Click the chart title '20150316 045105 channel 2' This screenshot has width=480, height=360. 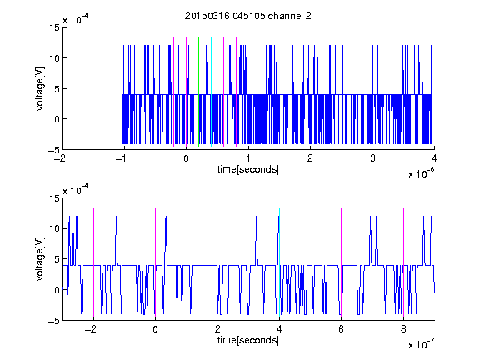click(248, 16)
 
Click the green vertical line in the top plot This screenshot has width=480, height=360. click(198, 92)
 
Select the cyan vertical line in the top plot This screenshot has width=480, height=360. click(211, 92)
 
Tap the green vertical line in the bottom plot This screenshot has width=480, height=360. click(217, 262)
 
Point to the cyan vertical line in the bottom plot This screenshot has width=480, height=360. click(279, 262)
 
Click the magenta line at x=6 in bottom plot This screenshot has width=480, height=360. click(342, 262)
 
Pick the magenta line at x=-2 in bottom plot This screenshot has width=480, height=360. click(93, 262)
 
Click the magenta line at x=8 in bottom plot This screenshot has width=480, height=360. click(404, 262)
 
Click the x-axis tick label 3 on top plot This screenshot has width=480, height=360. click(372, 158)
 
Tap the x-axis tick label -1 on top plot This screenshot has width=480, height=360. click(122, 158)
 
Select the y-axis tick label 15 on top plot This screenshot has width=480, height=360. click(54, 27)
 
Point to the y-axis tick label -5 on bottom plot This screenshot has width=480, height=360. click(54, 321)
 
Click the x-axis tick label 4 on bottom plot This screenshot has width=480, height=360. click(279, 329)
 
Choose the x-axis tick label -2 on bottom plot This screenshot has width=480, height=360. click(91, 329)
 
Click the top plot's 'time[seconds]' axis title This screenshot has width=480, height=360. click(248, 169)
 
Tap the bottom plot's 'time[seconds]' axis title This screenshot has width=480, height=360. click(248, 340)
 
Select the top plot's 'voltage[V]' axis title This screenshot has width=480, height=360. click(40, 89)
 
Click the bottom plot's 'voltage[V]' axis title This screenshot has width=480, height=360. click(40, 259)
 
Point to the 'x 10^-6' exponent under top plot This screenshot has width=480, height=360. click(421, 173)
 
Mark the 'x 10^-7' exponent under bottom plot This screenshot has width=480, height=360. click(421, 344)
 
